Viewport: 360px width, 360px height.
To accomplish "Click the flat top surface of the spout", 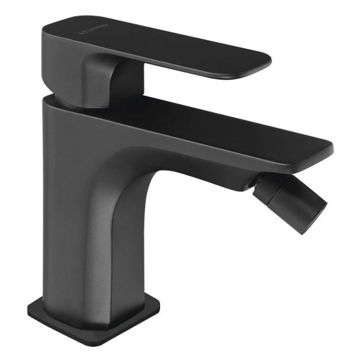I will pyautogui.click(x=206, y=123).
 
